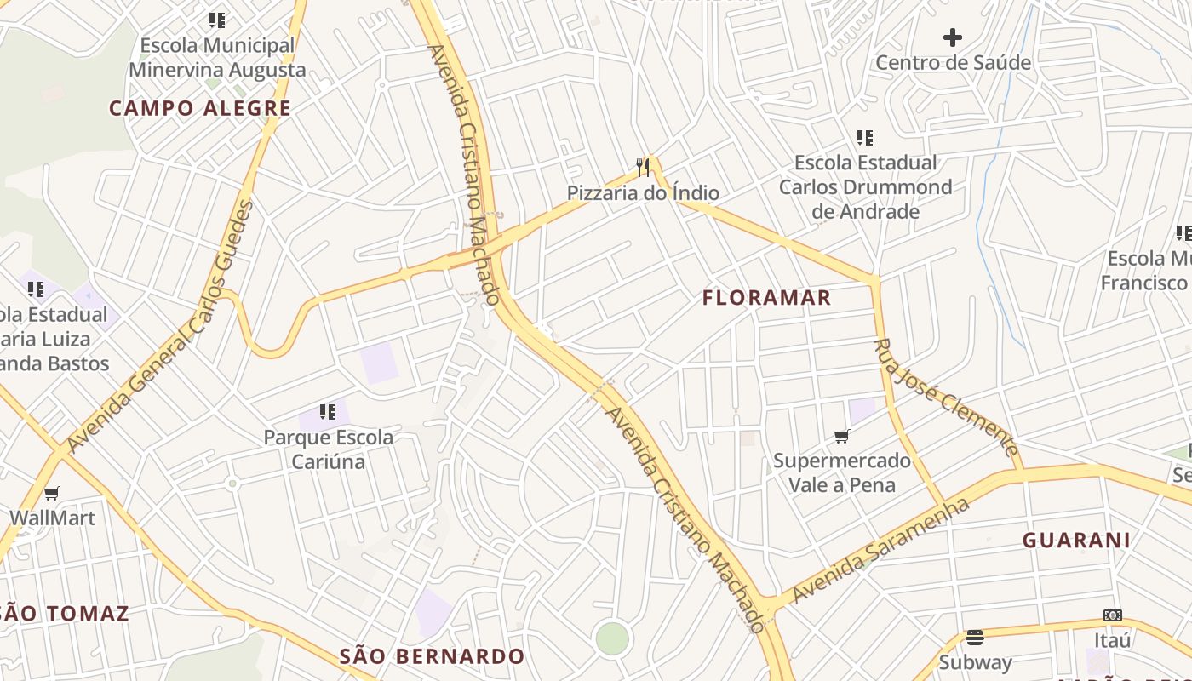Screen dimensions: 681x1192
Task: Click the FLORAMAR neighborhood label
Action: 766,298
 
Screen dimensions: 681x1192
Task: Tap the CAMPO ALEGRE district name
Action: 200,108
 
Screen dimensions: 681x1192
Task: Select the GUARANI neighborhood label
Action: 1076,540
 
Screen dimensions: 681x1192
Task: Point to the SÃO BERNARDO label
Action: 432,656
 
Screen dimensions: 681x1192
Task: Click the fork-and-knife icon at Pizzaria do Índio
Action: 643,167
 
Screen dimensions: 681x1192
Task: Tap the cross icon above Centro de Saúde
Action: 953,37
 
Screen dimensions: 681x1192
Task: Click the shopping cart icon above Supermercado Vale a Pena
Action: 841,436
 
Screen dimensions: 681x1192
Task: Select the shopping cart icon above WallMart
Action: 52,493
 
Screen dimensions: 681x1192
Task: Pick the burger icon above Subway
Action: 975,637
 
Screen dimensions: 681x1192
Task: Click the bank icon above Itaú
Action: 1112,615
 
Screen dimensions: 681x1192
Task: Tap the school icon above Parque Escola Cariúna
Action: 328,412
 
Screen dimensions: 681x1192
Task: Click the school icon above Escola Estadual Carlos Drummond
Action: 865,137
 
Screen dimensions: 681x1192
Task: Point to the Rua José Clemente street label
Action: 945,398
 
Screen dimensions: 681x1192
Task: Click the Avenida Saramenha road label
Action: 880,551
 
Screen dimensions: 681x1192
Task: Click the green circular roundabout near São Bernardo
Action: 612,638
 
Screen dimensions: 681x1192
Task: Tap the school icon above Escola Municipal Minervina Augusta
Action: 217,20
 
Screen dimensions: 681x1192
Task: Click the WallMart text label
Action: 52,518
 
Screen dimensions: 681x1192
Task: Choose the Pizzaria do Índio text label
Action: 643,193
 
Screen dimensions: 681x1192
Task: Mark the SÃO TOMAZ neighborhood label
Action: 65,613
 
